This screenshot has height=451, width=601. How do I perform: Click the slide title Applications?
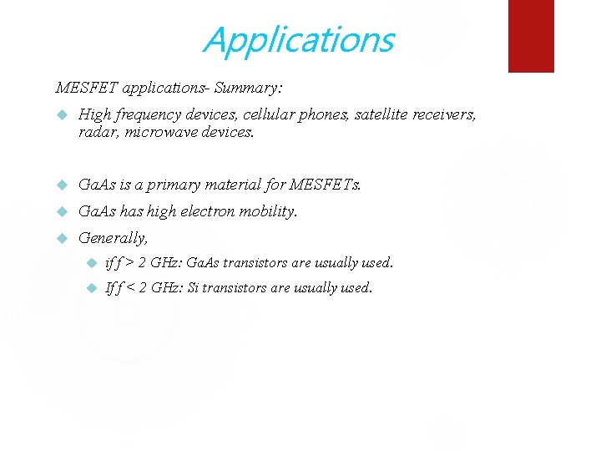coord(298,39)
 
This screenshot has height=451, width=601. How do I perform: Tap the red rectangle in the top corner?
coord(531,35)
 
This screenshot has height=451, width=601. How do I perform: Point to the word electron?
coord(205,211)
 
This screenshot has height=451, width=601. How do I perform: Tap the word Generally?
coord(113,238)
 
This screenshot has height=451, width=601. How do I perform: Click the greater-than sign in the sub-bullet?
coord(130,263)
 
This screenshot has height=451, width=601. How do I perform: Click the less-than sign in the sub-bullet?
coord(130,288)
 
